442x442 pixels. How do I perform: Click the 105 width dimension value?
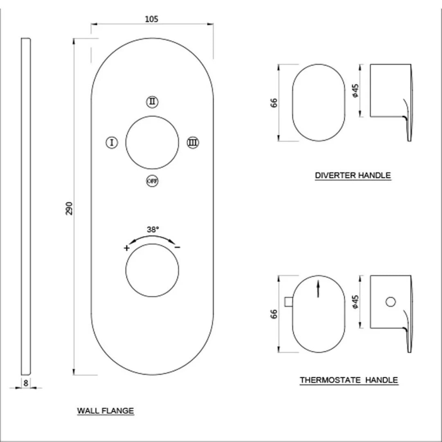point(151,18)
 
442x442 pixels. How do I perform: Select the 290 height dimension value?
point(69,208)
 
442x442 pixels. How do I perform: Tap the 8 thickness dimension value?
point(26,383)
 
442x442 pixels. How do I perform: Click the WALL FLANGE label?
point(106,410)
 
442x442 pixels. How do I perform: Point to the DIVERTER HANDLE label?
point(353,176)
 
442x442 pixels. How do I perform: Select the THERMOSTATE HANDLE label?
point(349,380)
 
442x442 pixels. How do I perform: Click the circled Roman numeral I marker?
point(111,142)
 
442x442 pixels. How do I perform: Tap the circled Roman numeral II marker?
point(152,101)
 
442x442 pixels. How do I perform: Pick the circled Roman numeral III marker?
point(193,142)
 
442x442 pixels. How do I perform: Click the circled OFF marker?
point(152,181)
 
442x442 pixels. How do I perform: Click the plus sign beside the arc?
point(127,248)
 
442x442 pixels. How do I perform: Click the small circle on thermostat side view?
point(391,302)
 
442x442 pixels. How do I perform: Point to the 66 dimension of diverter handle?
point(274,102)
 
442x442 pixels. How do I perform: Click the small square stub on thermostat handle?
point(288,302)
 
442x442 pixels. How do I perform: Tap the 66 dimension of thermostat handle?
point(274,314)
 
